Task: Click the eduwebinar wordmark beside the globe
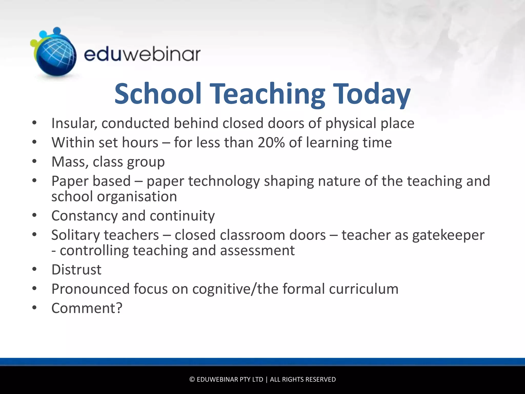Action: click(x=142, y=54)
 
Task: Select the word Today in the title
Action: click(x=372, y=94)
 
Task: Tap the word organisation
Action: click(x=137, y=197)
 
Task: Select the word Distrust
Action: click(x=76, y=270)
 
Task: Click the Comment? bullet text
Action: click(x=87, y=308)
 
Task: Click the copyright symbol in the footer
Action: click(x=192, y=379)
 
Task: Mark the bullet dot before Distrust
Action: click(x=35, y=269)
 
